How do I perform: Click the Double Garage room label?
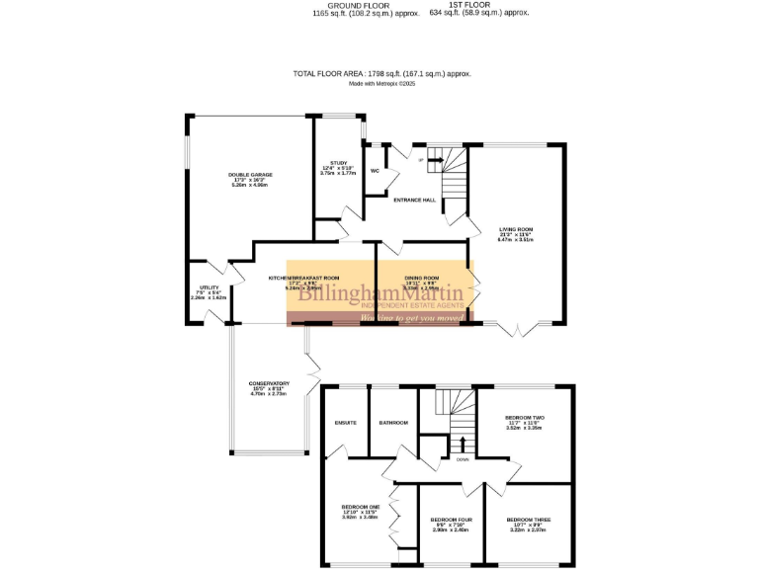[250, 175]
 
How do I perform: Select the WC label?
[375, 170]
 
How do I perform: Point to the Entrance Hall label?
[415, 200]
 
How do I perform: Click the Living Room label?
[516, 229]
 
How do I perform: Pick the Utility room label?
[208, 287]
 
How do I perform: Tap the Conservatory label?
[269, 383]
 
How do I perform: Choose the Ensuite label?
[345, 423]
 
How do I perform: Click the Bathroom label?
[393, 423]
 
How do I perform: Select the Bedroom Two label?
[525, 418]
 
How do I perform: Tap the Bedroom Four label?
[450, 520]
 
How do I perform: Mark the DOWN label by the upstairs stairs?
[463, 458]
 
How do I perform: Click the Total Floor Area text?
[381, 73]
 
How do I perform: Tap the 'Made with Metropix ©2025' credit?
[380, 84]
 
